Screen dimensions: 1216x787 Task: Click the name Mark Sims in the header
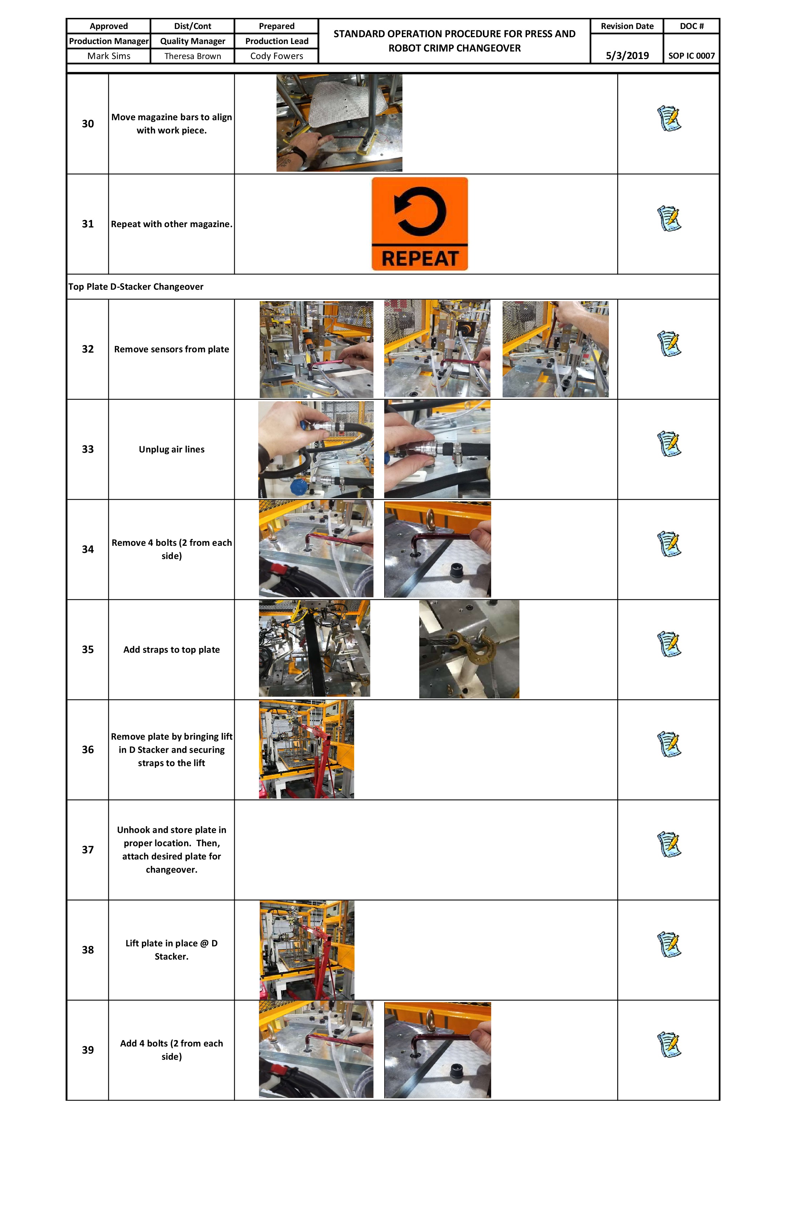108,56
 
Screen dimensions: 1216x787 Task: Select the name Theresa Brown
193,56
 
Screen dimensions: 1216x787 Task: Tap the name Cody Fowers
277,56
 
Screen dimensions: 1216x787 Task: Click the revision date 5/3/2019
627,56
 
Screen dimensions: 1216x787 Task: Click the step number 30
88,124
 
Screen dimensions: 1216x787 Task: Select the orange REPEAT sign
420,224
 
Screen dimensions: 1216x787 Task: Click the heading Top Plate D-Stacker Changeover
136,286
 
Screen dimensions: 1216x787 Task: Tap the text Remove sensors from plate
171,349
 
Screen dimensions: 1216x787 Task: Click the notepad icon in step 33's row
669,444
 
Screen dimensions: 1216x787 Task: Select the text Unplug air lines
171,450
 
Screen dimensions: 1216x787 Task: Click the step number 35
88,649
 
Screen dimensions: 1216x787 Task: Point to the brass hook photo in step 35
469,649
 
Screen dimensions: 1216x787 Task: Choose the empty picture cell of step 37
426,850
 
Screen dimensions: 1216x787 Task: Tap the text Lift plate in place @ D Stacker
171,950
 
